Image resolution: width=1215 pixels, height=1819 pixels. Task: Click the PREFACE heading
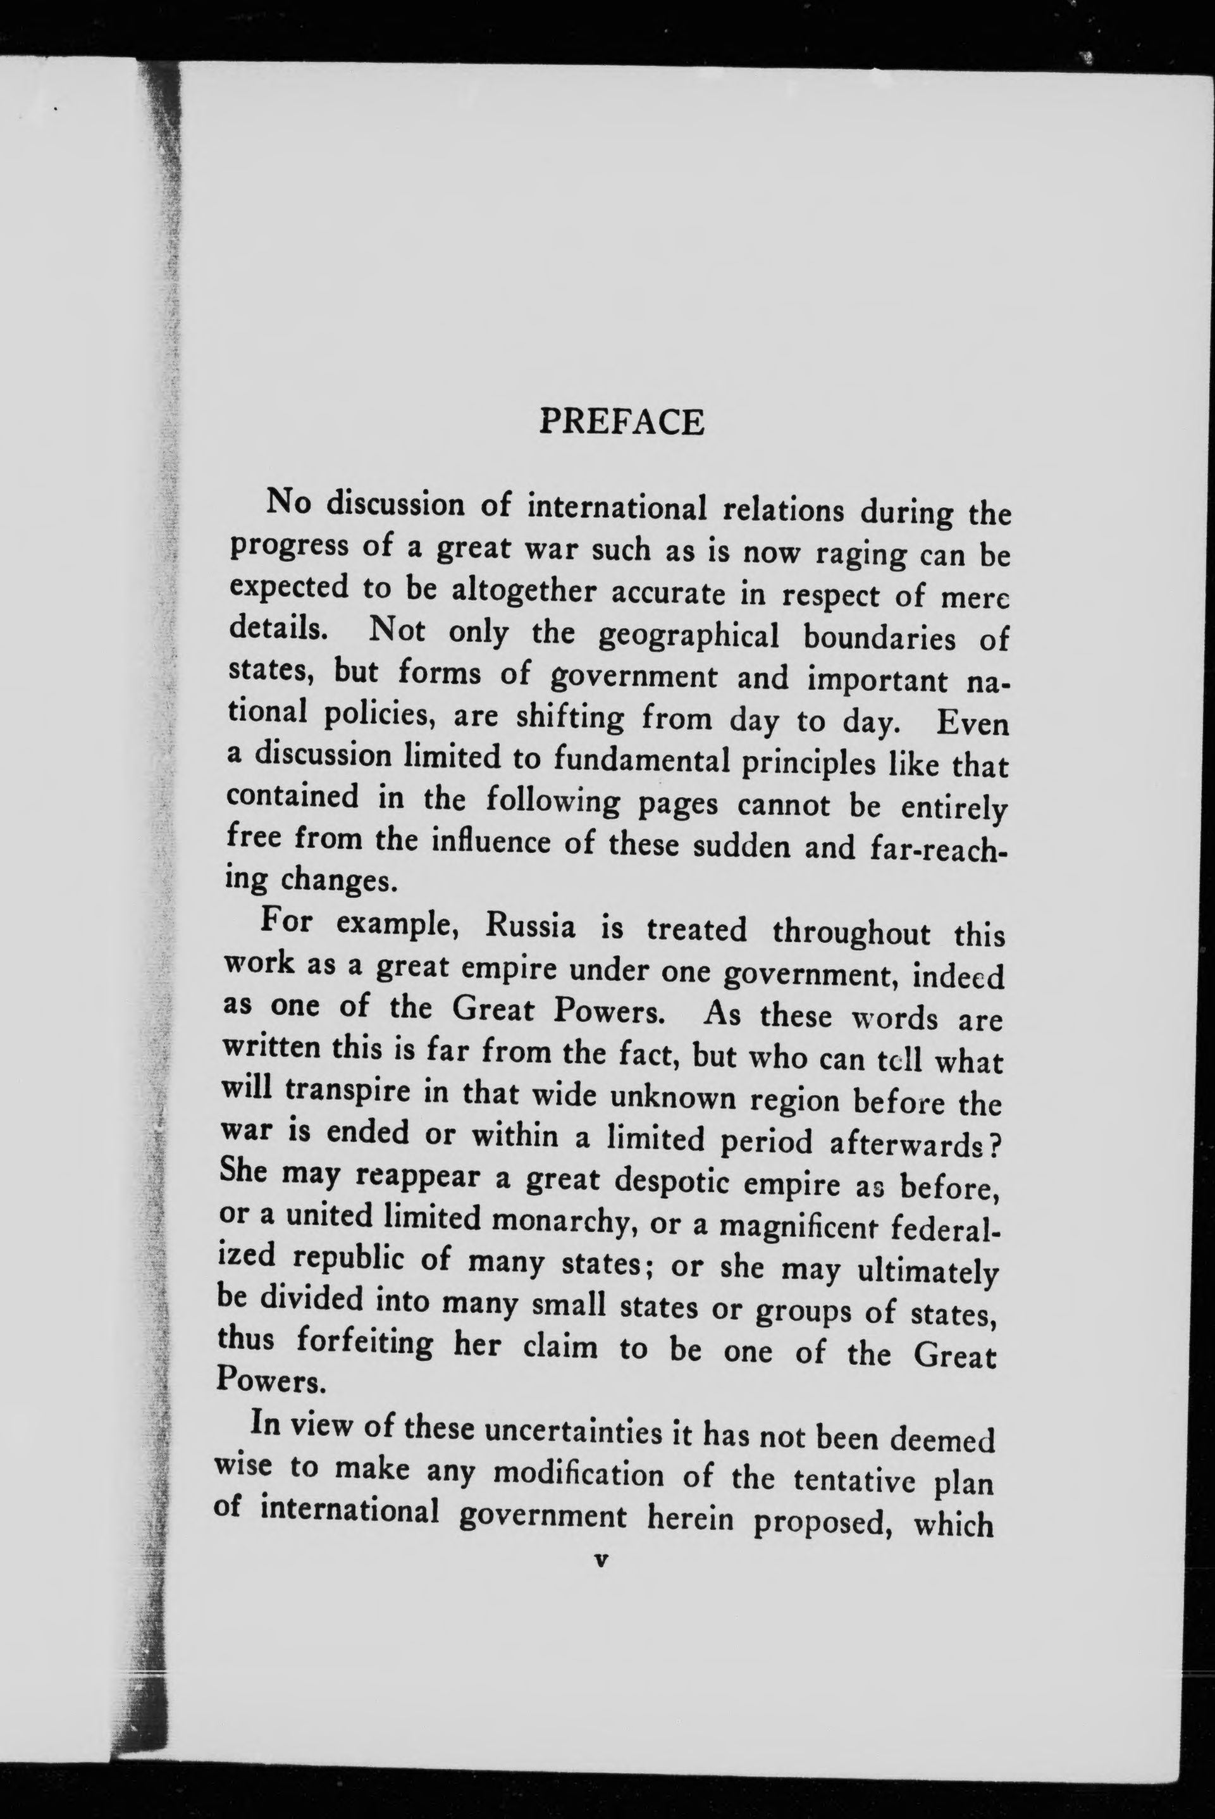click(x=622, y=423)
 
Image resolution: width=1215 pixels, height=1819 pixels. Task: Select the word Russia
click(x=529, y=927)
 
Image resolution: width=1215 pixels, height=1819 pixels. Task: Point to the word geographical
click(x=689, y=637)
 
